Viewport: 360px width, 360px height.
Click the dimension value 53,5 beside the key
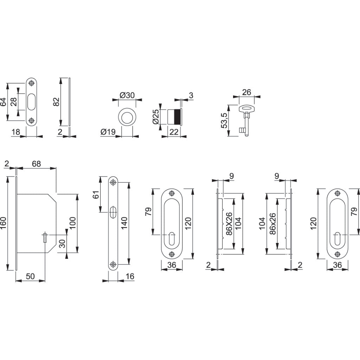224,121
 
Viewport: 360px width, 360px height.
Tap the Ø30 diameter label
127,95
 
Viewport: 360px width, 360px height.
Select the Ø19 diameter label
108,132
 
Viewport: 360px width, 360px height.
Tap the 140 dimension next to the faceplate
124,223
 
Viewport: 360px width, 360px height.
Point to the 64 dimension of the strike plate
3,102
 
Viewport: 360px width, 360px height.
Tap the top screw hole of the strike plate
32,83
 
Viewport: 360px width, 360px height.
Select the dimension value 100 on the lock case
72,223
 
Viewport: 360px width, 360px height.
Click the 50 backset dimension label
30,276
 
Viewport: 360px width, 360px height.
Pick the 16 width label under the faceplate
130,277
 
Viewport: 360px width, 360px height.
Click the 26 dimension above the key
247,92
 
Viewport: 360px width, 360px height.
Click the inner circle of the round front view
127,117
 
